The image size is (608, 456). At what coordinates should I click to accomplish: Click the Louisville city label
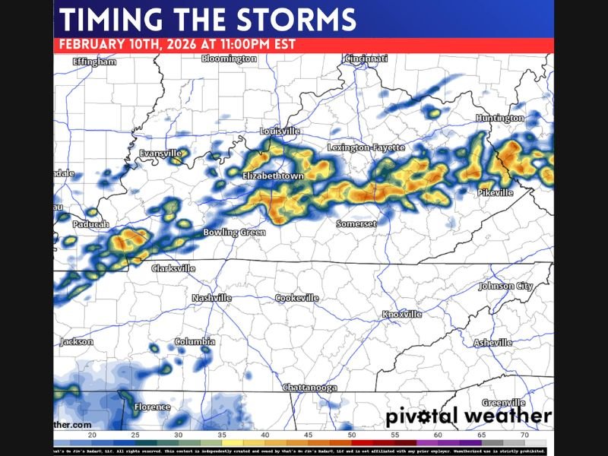click(x=280, y=131)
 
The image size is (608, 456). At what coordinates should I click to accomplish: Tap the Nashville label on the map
click(x=211, y=298)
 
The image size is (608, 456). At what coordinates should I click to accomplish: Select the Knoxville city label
click(x=401, y=314)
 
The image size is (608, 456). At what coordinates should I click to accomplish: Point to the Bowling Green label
click(x=234, y=232)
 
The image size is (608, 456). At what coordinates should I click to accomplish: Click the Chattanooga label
click(x=309, y=388)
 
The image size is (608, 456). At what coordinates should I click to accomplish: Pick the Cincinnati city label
click(x=366, y=59)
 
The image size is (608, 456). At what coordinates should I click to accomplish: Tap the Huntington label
click(x=499, y=119)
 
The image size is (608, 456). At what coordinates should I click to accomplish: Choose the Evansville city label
click(x=160, y=154)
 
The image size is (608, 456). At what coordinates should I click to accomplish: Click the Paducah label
click(x=91, y=225)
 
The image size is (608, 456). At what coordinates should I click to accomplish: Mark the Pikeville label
click(x=496, y=193)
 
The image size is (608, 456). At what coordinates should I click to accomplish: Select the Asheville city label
click(x=493, y=343)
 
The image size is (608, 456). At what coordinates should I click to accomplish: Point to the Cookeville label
click(x=296, y=298)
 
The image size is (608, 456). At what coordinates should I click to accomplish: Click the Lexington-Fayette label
click(x=366, y=147)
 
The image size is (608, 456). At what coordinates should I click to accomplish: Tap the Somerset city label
click(x=356, y=224)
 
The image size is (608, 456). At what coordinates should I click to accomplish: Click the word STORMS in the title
click(x=297, y=18)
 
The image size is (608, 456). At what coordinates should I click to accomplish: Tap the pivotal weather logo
click(x=467, y=416)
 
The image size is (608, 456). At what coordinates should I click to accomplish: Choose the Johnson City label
click(x=505, y=287)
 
